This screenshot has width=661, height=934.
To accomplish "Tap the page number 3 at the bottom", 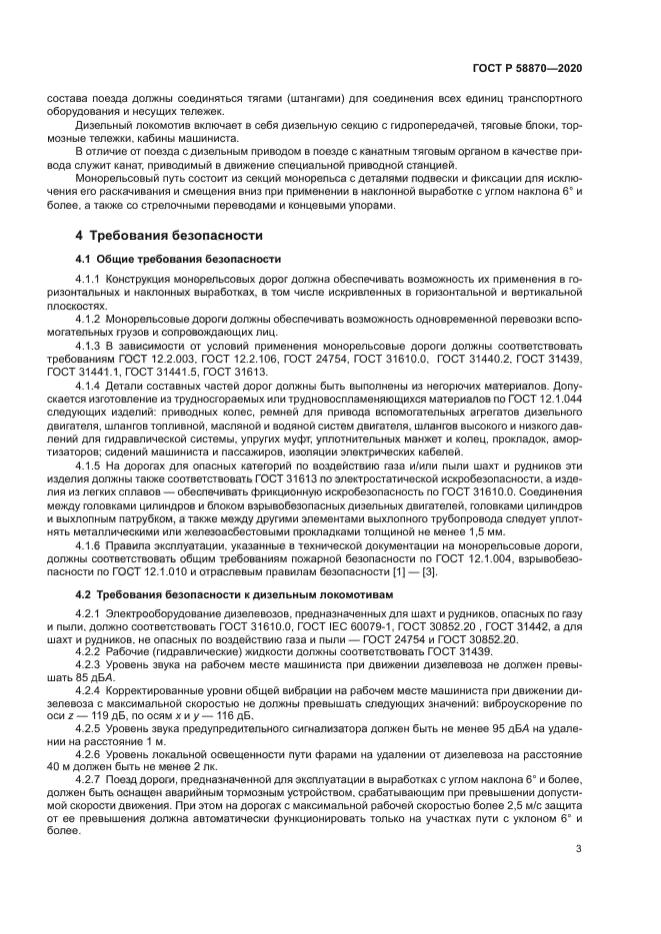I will [579, 850].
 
